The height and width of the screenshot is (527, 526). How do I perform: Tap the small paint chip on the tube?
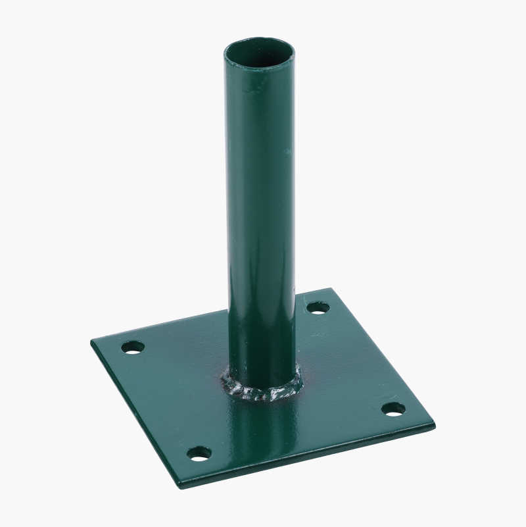click(287, 151)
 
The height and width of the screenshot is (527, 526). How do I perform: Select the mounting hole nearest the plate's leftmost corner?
click(133, 347)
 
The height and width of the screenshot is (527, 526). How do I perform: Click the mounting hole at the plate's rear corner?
click(318, 307)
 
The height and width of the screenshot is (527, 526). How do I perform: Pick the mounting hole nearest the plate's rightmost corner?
click(393, 409)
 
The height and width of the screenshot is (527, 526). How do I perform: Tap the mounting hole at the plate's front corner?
click(199, 453)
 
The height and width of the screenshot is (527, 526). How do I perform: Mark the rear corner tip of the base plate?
click(330, 289)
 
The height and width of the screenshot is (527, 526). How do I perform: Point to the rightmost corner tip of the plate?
click(435, 424)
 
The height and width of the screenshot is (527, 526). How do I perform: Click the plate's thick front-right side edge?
click(309, 457)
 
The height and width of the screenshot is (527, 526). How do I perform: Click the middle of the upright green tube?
click(260, 217)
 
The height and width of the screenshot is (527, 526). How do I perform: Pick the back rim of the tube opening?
click(259, 41)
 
